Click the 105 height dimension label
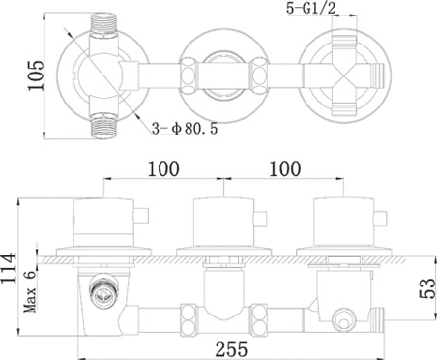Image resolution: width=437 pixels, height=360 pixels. (36, 75)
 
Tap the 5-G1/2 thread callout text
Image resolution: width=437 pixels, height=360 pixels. (311, 9)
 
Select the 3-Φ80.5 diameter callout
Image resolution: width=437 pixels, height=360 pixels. (185, 129)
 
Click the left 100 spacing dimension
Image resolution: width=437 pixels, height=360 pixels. (163, 168)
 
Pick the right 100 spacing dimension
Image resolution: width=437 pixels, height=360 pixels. (285, 168)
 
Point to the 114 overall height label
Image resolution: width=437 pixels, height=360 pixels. (9, 268)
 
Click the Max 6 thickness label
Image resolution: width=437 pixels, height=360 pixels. (31, 291)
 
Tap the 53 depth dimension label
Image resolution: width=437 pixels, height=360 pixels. (427, 288)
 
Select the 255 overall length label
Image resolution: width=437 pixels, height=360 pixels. (231, 348)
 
